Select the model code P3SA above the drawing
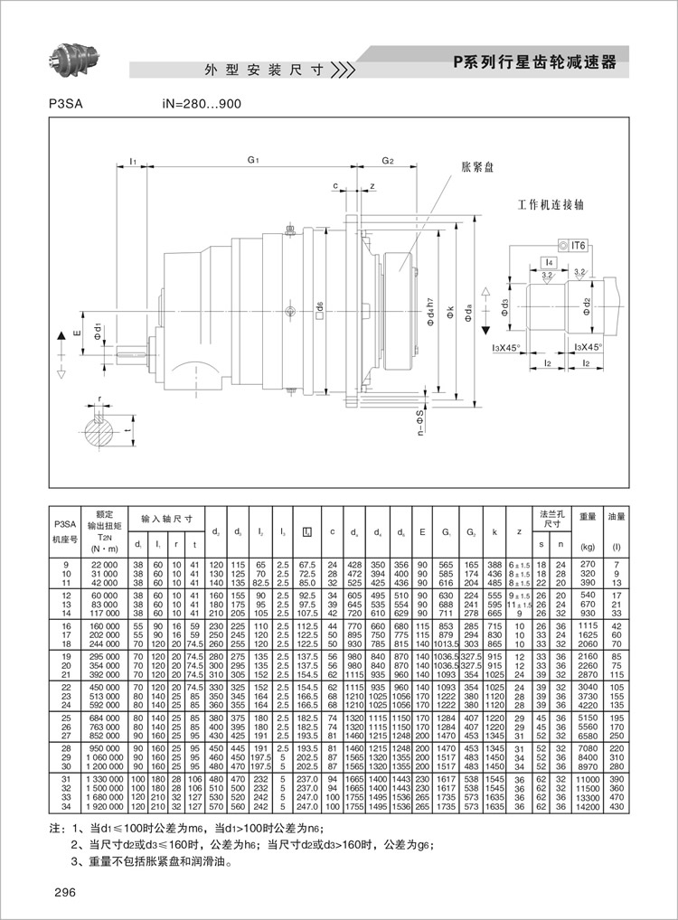(66, 104)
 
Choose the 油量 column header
(617, 518)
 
